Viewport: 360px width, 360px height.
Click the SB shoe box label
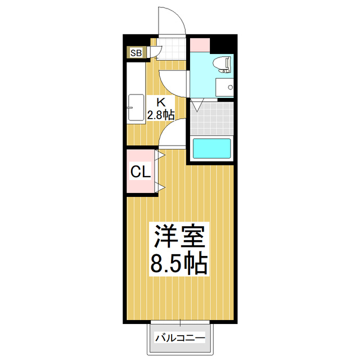pos(136,53)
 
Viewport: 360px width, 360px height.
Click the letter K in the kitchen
pos(160,102)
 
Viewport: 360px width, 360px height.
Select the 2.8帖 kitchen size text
pos(160,115)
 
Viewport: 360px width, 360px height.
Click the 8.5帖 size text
pos(179,263)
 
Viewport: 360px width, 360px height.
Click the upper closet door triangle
pos(160,154)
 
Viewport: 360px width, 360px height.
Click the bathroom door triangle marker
pos(196,105)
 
